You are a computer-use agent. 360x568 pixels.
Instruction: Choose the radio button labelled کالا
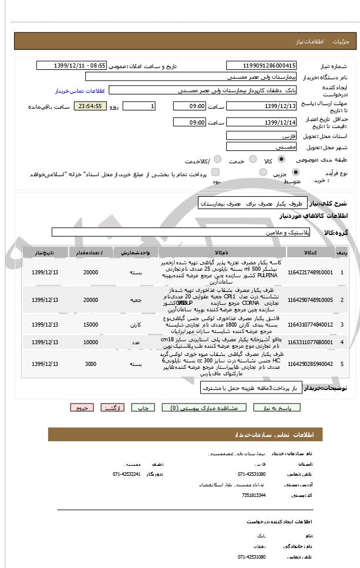(282, 159)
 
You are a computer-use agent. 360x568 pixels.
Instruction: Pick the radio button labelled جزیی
(295, 172)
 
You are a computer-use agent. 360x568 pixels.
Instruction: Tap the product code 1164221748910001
(310, 273)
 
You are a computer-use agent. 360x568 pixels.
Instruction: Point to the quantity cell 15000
(90, 324)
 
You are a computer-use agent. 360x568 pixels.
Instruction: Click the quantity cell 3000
(90, 364)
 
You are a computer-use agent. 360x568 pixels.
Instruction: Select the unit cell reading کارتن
(136, 324)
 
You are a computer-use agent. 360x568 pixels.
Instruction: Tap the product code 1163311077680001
(310, 341)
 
